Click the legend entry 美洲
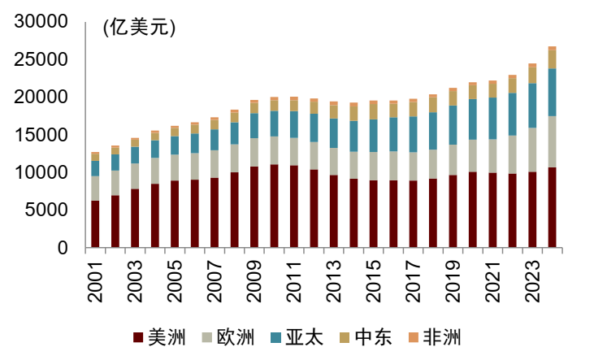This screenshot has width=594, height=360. click(161, 336)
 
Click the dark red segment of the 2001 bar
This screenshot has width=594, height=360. click(95, 224)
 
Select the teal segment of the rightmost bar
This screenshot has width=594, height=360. click(552, 92)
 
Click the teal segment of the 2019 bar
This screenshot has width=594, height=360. click(453, 125)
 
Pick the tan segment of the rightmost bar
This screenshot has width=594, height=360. click(552, 59)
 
